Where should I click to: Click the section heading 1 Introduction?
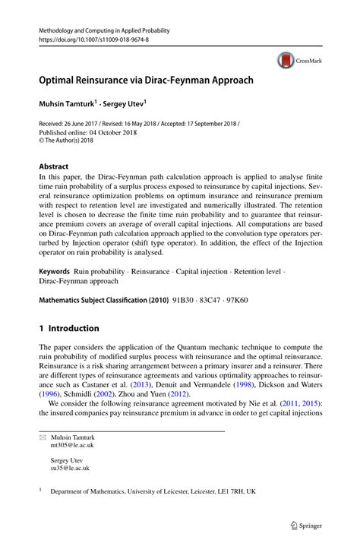coord(68,329)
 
